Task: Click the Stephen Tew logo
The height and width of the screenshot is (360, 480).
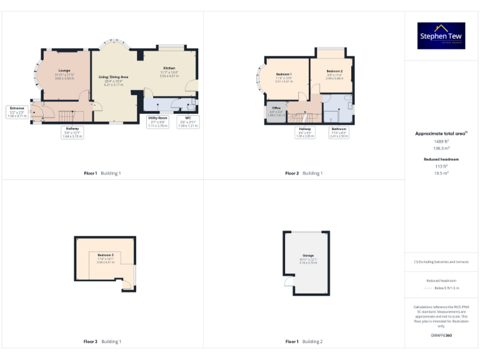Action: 441,36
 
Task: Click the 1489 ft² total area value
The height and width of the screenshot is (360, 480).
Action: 441,141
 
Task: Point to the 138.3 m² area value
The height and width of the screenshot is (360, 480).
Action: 441,148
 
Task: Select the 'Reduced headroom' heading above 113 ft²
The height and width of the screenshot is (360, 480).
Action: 441,159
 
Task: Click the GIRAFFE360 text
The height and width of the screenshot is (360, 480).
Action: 441,336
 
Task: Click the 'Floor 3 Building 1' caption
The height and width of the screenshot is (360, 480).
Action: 102,342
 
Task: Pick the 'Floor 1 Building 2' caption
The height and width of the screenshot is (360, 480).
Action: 304,342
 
